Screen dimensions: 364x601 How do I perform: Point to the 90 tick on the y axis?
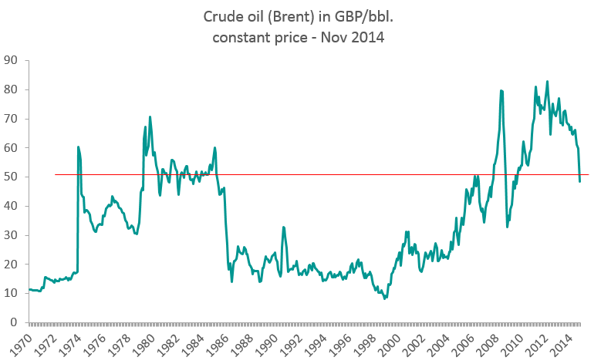(12, 60)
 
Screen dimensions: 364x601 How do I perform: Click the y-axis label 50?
(12, 177)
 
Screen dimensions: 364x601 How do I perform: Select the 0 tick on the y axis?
(15, 322)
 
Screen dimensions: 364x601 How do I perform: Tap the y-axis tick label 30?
(12, 235)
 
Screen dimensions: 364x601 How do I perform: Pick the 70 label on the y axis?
(12, 119)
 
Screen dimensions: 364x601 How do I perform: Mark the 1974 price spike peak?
(78, 147)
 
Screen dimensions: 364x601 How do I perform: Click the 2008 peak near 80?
(501, 90)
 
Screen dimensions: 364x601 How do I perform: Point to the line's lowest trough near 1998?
(384, 298)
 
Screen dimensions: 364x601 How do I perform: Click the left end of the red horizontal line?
(56, 174)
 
